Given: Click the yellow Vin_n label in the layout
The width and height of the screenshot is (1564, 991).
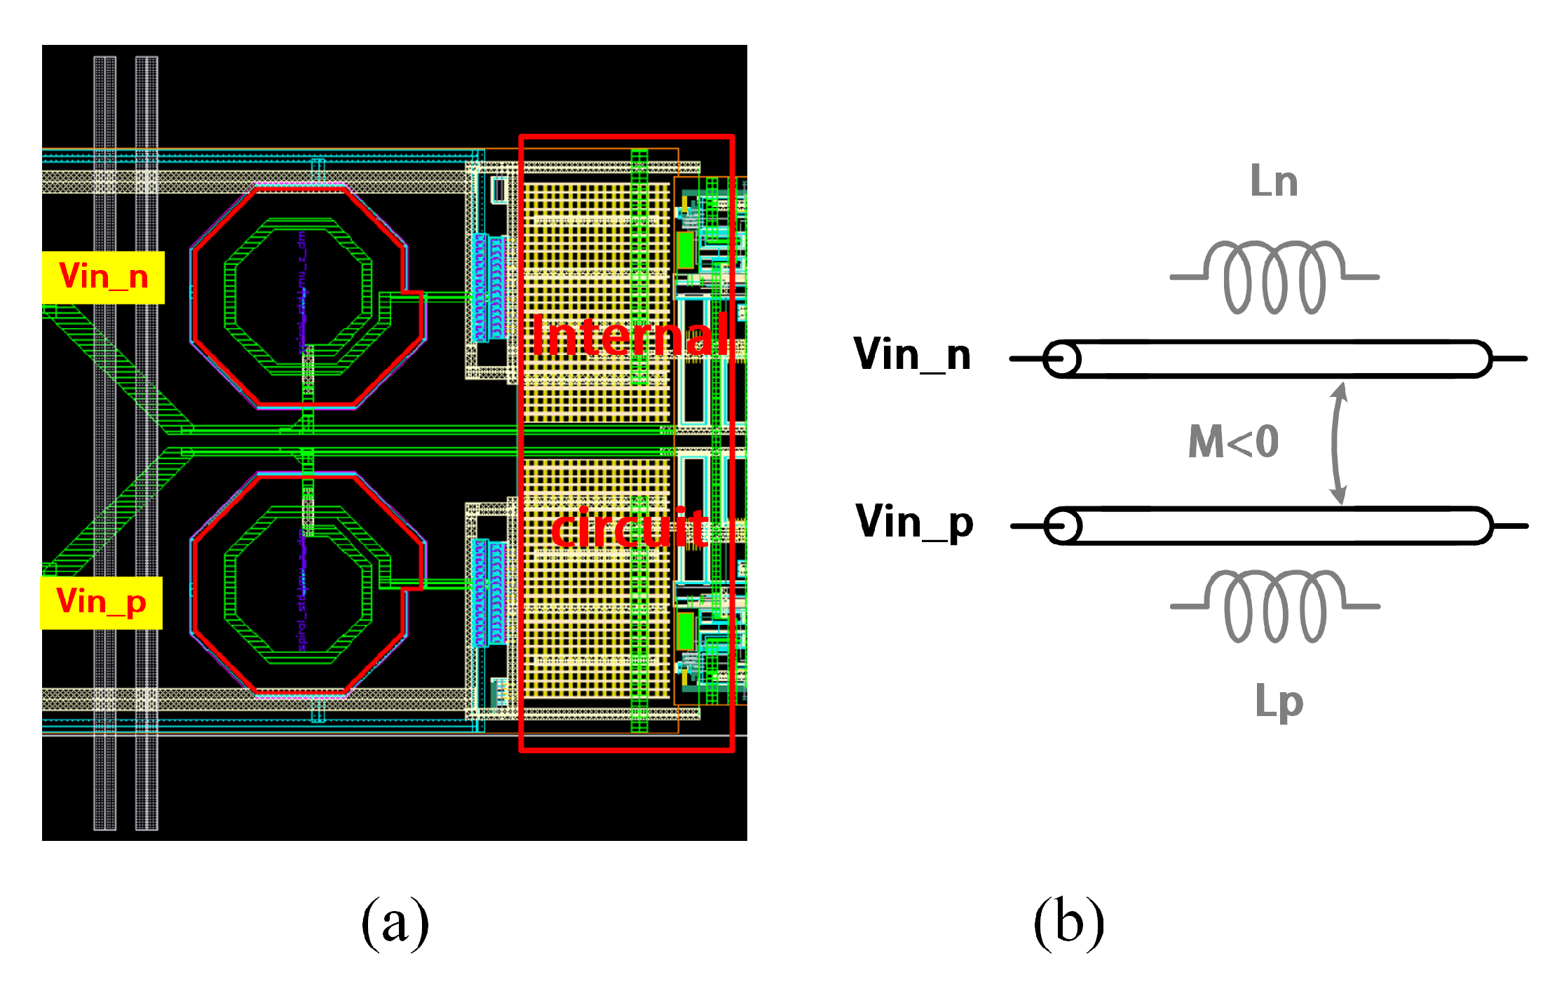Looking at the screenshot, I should (103, 277).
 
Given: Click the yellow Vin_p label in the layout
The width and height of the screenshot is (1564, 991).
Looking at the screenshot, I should (102, 602).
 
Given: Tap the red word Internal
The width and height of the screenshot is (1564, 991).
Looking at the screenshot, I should (629, 337).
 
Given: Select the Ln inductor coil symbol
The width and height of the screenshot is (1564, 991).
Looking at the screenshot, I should (1274, 277).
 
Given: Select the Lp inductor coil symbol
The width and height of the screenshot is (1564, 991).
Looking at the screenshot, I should (1274, 606).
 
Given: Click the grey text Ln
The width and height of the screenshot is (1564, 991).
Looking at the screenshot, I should (1274, 182).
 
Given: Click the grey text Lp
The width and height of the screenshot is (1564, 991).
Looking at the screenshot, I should (1278, 701).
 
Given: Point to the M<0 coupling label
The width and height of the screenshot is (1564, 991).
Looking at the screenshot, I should (1233, 442).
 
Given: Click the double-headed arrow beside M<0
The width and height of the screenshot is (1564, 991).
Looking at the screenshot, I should (1338, 443).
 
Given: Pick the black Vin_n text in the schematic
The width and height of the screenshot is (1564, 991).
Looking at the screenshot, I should (911, 355).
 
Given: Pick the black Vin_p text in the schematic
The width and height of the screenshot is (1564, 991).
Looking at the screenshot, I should (913, 523).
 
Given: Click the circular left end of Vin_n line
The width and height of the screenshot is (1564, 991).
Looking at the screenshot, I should (1062, 359).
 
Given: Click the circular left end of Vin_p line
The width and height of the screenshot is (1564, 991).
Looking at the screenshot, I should (1063, 526).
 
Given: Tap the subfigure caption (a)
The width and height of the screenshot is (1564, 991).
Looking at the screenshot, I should (395, 923).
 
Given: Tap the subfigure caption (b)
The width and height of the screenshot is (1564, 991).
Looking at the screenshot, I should (1068, 923).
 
